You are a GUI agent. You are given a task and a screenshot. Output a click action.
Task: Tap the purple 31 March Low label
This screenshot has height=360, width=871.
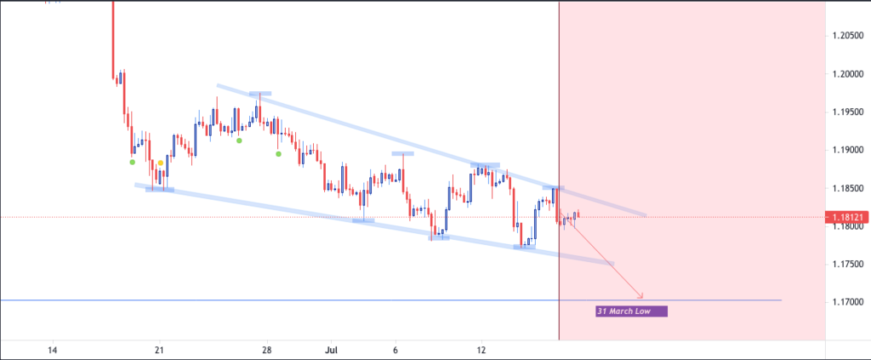[631, 311]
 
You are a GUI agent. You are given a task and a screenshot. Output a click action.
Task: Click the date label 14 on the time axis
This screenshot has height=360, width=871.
[53, 351]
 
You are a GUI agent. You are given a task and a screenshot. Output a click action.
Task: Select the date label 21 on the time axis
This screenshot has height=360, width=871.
[159, 351]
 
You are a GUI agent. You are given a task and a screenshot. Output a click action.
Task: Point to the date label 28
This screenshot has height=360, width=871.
[266, 351]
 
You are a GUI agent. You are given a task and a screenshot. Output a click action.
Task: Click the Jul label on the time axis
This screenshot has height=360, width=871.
[333, 351]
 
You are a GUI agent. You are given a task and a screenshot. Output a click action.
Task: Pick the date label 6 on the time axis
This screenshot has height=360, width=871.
[396, 351]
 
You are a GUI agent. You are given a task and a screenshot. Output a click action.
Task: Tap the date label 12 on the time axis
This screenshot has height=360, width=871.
[481, 351]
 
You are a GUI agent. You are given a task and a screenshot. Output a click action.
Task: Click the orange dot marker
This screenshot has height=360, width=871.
[160, 163]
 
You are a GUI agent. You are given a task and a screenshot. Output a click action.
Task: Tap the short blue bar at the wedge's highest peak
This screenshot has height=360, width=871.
[260, 93]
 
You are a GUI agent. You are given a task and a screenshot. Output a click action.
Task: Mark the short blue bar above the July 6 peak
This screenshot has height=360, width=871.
[402, 154]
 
